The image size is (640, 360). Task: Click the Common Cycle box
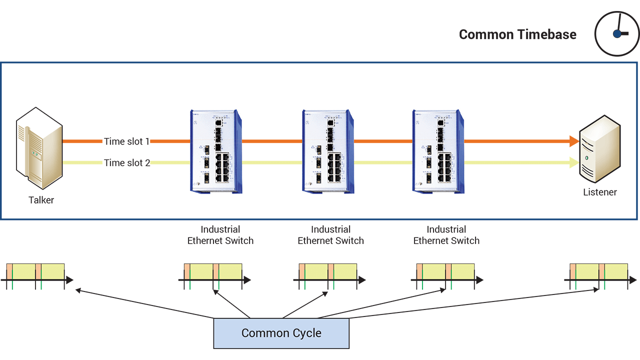(281, 333)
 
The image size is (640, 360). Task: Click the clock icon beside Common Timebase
(616, 33)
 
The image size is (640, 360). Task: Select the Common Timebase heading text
(517, 34)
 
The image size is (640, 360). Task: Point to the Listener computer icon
(599, 150)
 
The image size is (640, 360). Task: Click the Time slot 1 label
(126, 141)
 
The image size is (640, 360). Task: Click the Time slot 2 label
(126, 162)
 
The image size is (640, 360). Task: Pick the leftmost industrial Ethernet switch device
(216, 151)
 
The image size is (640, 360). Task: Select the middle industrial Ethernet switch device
(328, 151)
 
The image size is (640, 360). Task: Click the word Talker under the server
(41, 200)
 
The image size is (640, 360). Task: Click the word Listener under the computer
(600, 192)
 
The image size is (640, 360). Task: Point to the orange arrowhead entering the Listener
(574, 141)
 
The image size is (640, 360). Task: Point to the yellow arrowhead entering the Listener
(574, 162)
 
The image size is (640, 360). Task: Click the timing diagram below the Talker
(38, 275)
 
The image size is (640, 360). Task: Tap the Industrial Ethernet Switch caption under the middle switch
(330, 235)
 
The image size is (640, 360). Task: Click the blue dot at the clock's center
(617, 34)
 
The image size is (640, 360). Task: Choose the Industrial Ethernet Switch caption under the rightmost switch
(446, 235)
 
